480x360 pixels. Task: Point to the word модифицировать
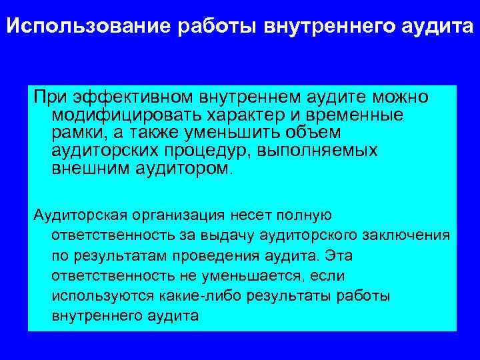click(125, 115)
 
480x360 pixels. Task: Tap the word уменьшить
click(246, 132)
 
